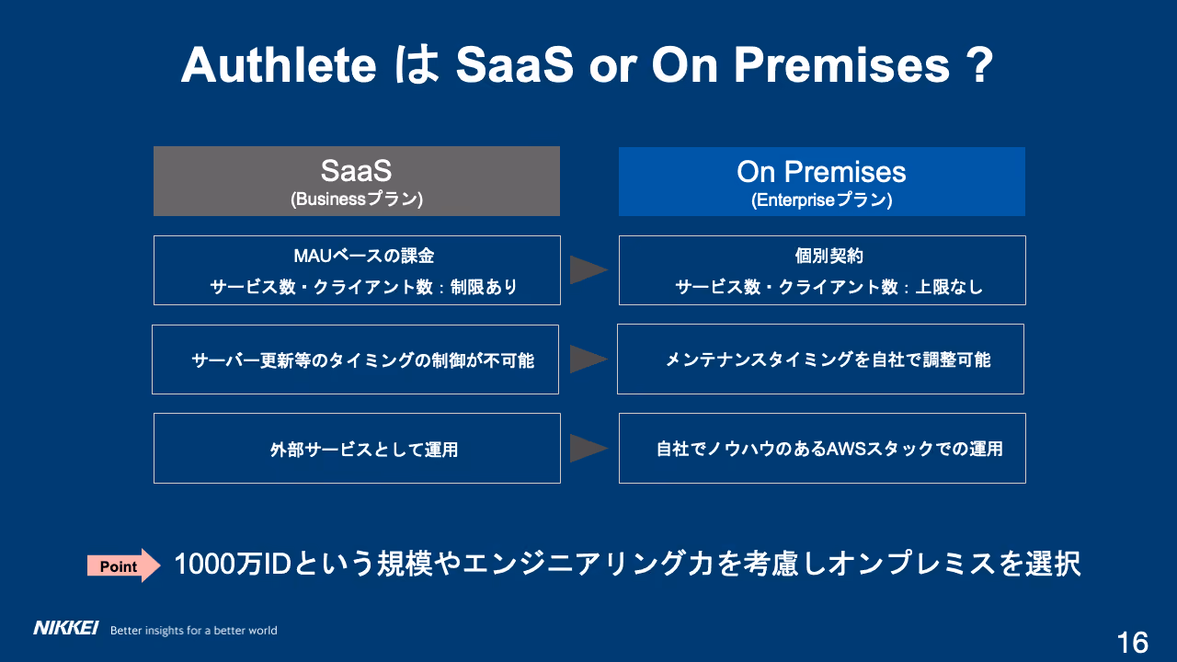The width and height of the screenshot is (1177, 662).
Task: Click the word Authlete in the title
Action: (x=279, y=65)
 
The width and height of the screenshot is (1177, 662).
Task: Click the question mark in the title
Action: (x=979, y=65)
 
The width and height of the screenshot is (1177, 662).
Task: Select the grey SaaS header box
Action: (x=356, y=181)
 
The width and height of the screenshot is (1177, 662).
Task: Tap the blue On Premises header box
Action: (x=822, y=181)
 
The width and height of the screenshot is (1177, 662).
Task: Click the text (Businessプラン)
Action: (x=356, y=200)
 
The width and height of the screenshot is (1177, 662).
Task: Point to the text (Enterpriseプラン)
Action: (x=822, y=200)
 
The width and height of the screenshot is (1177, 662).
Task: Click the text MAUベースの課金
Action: (x=363, y=256)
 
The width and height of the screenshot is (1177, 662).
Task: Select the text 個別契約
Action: (x=828, y=256)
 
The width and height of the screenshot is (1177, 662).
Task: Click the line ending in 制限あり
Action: (x=363, y=287)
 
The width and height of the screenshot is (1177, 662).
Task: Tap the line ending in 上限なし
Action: (x=828, y=287)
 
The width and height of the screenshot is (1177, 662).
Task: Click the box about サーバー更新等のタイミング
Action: (x=355, y=360)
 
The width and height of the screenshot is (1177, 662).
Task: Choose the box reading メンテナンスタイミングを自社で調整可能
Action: (x=820, y=359)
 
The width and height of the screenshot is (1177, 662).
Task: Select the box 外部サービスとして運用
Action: (x=357, y=448)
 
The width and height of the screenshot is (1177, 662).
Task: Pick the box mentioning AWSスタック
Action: (x=822, y=448)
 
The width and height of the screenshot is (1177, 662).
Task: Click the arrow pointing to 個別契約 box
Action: (x=588, y=270)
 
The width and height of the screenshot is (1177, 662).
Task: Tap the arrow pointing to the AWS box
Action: (x=588, y=448)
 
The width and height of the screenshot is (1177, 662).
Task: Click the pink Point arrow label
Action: (x=123, y=565)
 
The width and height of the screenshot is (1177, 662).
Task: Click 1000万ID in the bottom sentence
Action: (x=233, y=564)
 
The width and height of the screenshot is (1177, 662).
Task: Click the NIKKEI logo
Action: (x=65, y=628)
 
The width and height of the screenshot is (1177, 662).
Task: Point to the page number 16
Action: (x=1133, y=643)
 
